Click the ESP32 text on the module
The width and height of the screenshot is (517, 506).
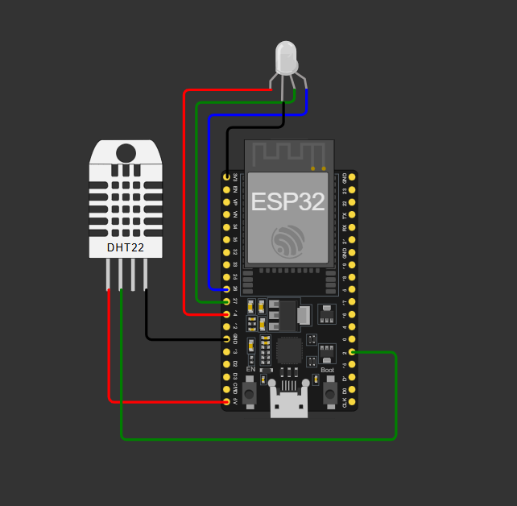tap(287, 201)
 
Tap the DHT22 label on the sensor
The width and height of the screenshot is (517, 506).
tap(126, 247)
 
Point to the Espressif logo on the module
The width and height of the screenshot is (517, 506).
tap(288, 240)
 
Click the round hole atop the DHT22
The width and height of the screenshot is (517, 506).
tap(126, 152)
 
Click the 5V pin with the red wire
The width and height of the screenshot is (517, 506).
tap(225, 402)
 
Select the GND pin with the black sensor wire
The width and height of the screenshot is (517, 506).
tap(225, 338)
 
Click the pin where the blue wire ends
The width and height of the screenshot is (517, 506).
tap(225, 288)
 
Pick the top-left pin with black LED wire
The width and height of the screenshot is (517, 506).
tap(225, 176)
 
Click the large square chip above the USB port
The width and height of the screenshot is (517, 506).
tap(288, 350)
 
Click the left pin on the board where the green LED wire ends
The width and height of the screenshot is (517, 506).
tap(225, 301)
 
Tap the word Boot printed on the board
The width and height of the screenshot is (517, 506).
tap(327, 370)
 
